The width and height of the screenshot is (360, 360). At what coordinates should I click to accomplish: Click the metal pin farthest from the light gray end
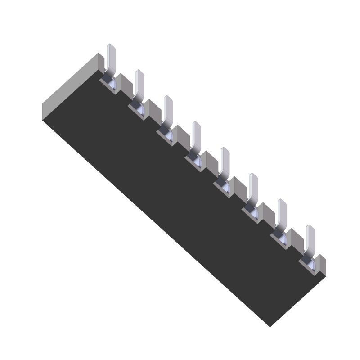click(310, 238)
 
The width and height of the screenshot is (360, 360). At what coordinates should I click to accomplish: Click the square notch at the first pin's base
click(109, 83)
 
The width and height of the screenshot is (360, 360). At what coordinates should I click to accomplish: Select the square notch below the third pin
click(166, 135)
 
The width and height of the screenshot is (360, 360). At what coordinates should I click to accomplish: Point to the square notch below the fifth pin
click(223, 186)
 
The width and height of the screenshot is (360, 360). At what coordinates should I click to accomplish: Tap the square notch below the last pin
click(309, 264)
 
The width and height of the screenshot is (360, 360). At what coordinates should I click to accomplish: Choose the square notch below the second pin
click(138, 109)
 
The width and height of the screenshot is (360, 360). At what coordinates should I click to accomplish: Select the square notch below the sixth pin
click(252, 212)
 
